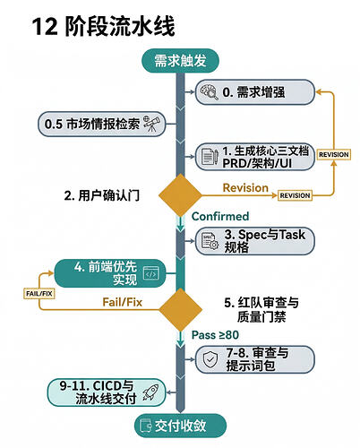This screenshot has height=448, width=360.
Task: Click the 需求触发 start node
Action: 180,61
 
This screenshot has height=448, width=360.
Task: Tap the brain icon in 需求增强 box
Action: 209,91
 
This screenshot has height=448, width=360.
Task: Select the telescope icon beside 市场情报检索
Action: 152,124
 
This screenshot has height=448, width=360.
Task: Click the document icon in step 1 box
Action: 210,157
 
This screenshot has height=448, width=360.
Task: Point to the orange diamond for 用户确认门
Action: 180,195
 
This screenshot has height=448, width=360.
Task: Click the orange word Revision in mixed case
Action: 245,188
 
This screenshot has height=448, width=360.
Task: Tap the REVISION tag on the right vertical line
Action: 334,155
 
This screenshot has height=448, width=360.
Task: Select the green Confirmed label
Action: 220,216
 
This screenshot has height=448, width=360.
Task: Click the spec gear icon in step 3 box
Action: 210,241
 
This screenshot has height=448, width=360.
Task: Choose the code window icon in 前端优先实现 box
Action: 151,273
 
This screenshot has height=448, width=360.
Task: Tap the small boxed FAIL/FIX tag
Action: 39,294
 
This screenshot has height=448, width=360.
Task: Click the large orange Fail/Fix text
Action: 123,302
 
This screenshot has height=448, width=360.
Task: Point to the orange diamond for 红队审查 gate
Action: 180,310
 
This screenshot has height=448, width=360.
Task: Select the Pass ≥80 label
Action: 215,335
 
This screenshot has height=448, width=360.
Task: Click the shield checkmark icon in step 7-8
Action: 210,359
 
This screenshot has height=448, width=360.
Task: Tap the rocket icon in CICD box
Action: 150,392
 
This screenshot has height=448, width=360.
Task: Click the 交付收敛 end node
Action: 180,426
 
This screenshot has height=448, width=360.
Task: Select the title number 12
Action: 45,27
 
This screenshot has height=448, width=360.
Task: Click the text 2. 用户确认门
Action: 102,195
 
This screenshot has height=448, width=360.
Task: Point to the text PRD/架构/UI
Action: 257,163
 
